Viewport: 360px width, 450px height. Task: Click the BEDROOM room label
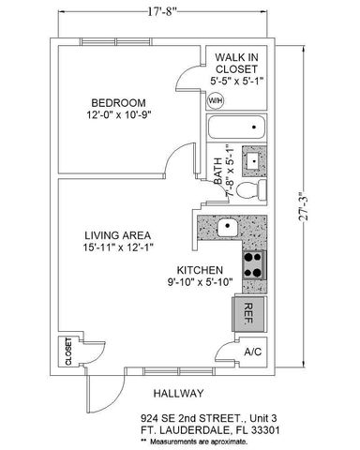point(120,102)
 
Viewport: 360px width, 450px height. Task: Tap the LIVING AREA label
point(118,234)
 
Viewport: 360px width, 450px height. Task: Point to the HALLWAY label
point(175,393)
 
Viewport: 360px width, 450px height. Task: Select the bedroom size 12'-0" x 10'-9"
point(120,116)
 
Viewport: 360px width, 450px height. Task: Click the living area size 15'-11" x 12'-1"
point(118,248)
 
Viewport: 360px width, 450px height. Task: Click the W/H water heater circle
point(216,100)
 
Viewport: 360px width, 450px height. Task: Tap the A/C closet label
point(252,352)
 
